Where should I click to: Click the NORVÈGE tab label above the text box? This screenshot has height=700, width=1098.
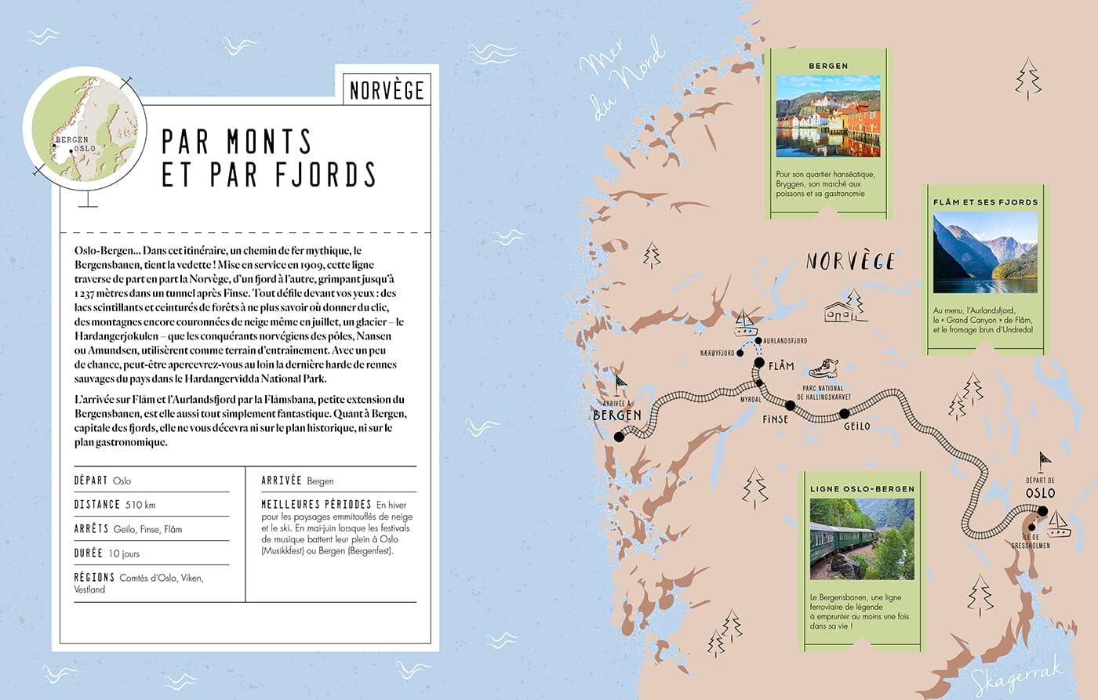click(387, 90)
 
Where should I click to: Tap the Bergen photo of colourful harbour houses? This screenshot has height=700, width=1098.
click(827, 116)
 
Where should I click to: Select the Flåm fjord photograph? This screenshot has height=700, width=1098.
click(984, 252)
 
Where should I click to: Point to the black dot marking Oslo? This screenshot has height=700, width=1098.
click(1042, 511)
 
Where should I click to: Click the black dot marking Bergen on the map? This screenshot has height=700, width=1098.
click(619, 437)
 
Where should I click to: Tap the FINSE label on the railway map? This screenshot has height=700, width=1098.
click(775, 419)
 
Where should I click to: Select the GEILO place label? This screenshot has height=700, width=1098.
click(856, 426)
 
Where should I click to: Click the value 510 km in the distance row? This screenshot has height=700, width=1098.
click(140, 505)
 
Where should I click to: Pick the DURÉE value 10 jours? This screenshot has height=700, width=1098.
click(124, 553)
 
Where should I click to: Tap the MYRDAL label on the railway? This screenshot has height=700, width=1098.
click(751, 400)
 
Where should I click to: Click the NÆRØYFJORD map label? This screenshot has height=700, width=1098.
click(717, 354)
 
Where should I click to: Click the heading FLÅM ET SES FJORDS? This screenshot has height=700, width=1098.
click(985, 202)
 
